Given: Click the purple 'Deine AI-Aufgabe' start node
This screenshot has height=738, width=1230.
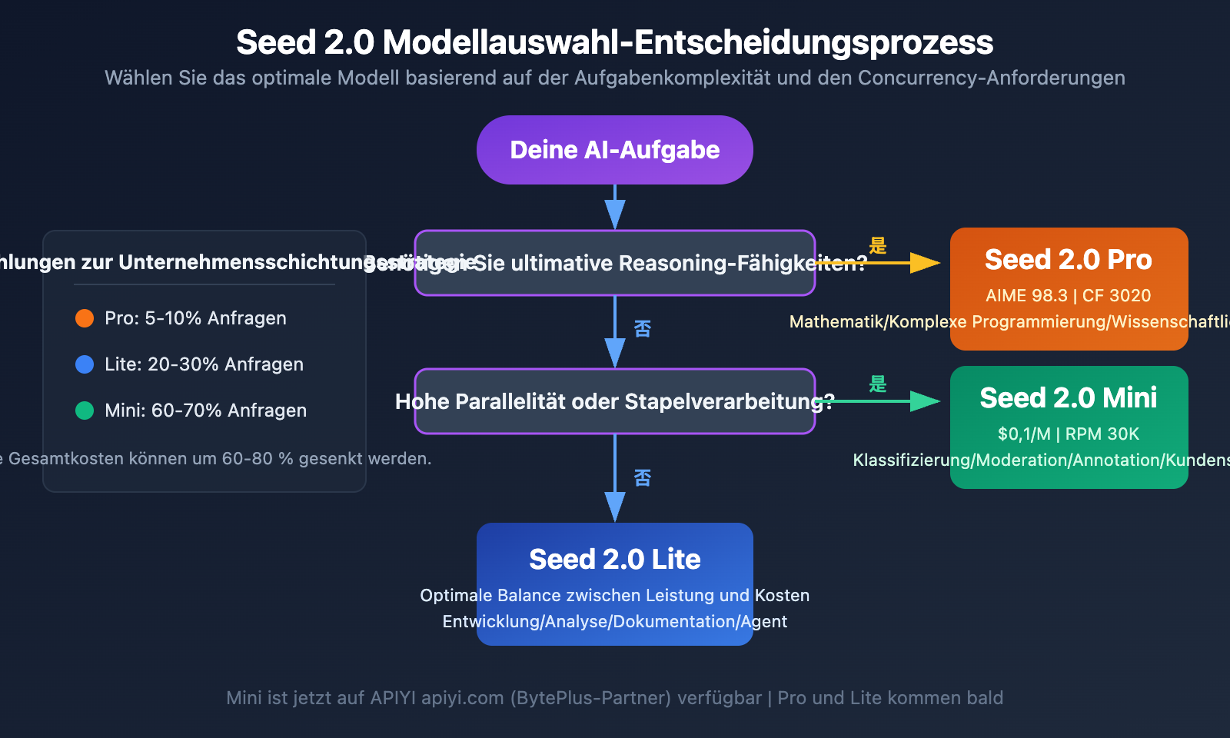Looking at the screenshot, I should click(x=615, y=150).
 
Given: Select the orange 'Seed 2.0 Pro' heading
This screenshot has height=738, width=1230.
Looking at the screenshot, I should click(x=1069, y=260).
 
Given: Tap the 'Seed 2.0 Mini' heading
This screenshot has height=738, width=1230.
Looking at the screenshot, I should click(x=1069, y=398).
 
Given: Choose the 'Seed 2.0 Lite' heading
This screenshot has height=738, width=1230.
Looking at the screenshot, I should click(x=615, y=560).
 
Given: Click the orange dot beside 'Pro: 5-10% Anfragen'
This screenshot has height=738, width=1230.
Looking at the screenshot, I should click(x=85, y=318).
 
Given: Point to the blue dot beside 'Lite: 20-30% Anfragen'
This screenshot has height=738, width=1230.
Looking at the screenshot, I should click(x=85, y=364).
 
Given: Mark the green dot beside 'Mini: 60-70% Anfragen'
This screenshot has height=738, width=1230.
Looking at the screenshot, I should click(x=85, y=411).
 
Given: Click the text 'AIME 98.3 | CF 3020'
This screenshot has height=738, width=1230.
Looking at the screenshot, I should click(x=1069, y=296).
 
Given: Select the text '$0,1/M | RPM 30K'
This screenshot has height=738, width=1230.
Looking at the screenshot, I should click(x=1069, y=434).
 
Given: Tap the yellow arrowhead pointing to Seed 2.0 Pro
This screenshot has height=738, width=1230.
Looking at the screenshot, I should click(x=926, y=263).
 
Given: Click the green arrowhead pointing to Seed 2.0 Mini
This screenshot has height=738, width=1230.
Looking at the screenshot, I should click(x=926, y=401).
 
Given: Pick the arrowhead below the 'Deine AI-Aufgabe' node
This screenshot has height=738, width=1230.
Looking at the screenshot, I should click(x=615, y=214).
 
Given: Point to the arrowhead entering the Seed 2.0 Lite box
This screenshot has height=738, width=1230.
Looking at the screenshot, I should click(x=615, y=507).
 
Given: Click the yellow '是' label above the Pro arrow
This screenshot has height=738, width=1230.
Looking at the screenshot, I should click(x=878, y=246).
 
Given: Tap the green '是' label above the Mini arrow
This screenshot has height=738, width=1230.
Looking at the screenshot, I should click(x=878, y=384).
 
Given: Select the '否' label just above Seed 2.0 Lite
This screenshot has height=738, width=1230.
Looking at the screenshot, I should click(x=643, y=478).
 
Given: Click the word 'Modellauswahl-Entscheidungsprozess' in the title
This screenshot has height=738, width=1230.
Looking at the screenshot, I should click(x=688, y=43).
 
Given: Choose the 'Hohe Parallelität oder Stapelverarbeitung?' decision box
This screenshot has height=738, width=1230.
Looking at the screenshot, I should click(x=615, y=401).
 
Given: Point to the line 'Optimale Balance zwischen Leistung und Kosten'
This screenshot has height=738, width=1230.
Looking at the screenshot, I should click(x=615, y=596).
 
